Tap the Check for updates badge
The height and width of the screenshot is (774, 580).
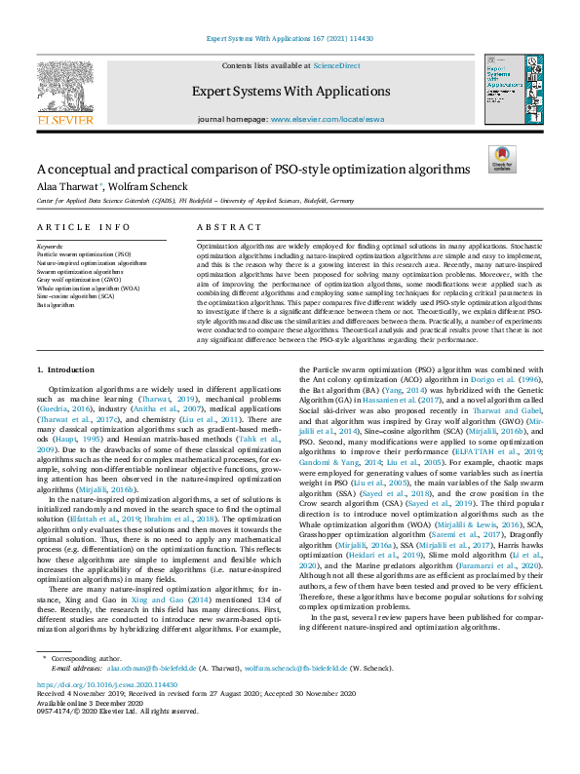[501, 159]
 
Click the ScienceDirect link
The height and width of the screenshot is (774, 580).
[336, 64]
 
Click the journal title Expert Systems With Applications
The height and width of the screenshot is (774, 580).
[290, 91]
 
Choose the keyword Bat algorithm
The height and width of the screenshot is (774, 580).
[56, 305]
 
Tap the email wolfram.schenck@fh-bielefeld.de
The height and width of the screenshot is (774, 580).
[295, 696]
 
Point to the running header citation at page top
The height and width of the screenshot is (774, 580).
[290, 39]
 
